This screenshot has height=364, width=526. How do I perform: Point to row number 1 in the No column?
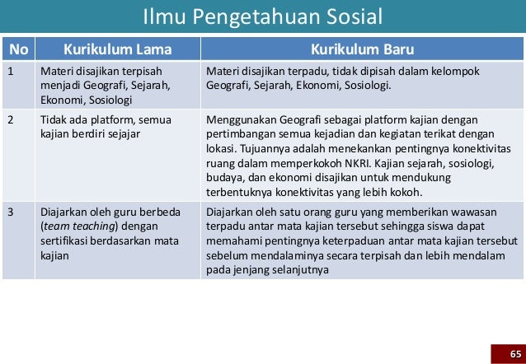click(x=11, y=71)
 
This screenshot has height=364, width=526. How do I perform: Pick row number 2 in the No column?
click(x=11, y=120)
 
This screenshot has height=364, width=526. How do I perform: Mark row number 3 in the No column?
click(x=11, y=211)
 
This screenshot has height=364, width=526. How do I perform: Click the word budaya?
click(x=224, y=179)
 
